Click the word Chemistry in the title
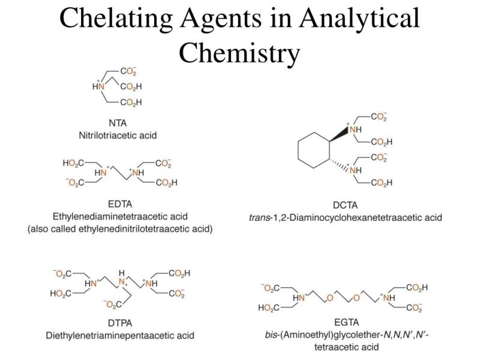tap(239, 53)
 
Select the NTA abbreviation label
tap(118, 123)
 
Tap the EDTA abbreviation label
tap(120, 204)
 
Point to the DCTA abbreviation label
tap(345, 205)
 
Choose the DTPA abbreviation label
tap(120, 323)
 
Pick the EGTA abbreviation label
tap(347, 322)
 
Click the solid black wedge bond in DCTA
tap(339, 135)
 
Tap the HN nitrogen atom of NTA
tap(98, 86)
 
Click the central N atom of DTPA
tap(122, 281)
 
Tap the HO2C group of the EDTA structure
tap(73, 163)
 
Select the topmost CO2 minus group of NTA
tap(128, 71)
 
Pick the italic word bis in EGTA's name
tap(271, 335)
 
